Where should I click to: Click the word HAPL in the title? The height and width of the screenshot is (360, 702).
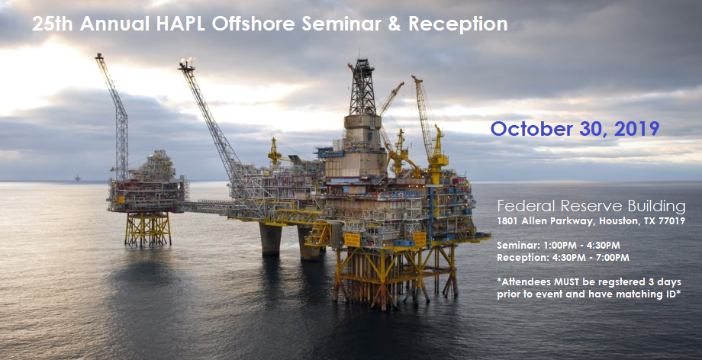(180, 24)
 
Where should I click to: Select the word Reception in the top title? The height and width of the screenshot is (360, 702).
(458, 24)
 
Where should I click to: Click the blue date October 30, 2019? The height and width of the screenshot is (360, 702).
(575, 129)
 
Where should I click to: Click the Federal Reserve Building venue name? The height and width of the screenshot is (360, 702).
(591, 207)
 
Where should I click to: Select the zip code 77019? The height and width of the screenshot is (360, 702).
(671, 221)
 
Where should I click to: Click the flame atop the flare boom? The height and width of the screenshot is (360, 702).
(188, 61)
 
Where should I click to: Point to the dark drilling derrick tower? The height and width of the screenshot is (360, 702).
(362, 87)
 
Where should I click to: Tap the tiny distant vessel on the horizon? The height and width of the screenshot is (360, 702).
(79, 178)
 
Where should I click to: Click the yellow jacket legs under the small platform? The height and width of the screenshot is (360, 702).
(148, 229)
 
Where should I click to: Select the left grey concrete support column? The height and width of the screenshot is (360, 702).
(270, 239)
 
